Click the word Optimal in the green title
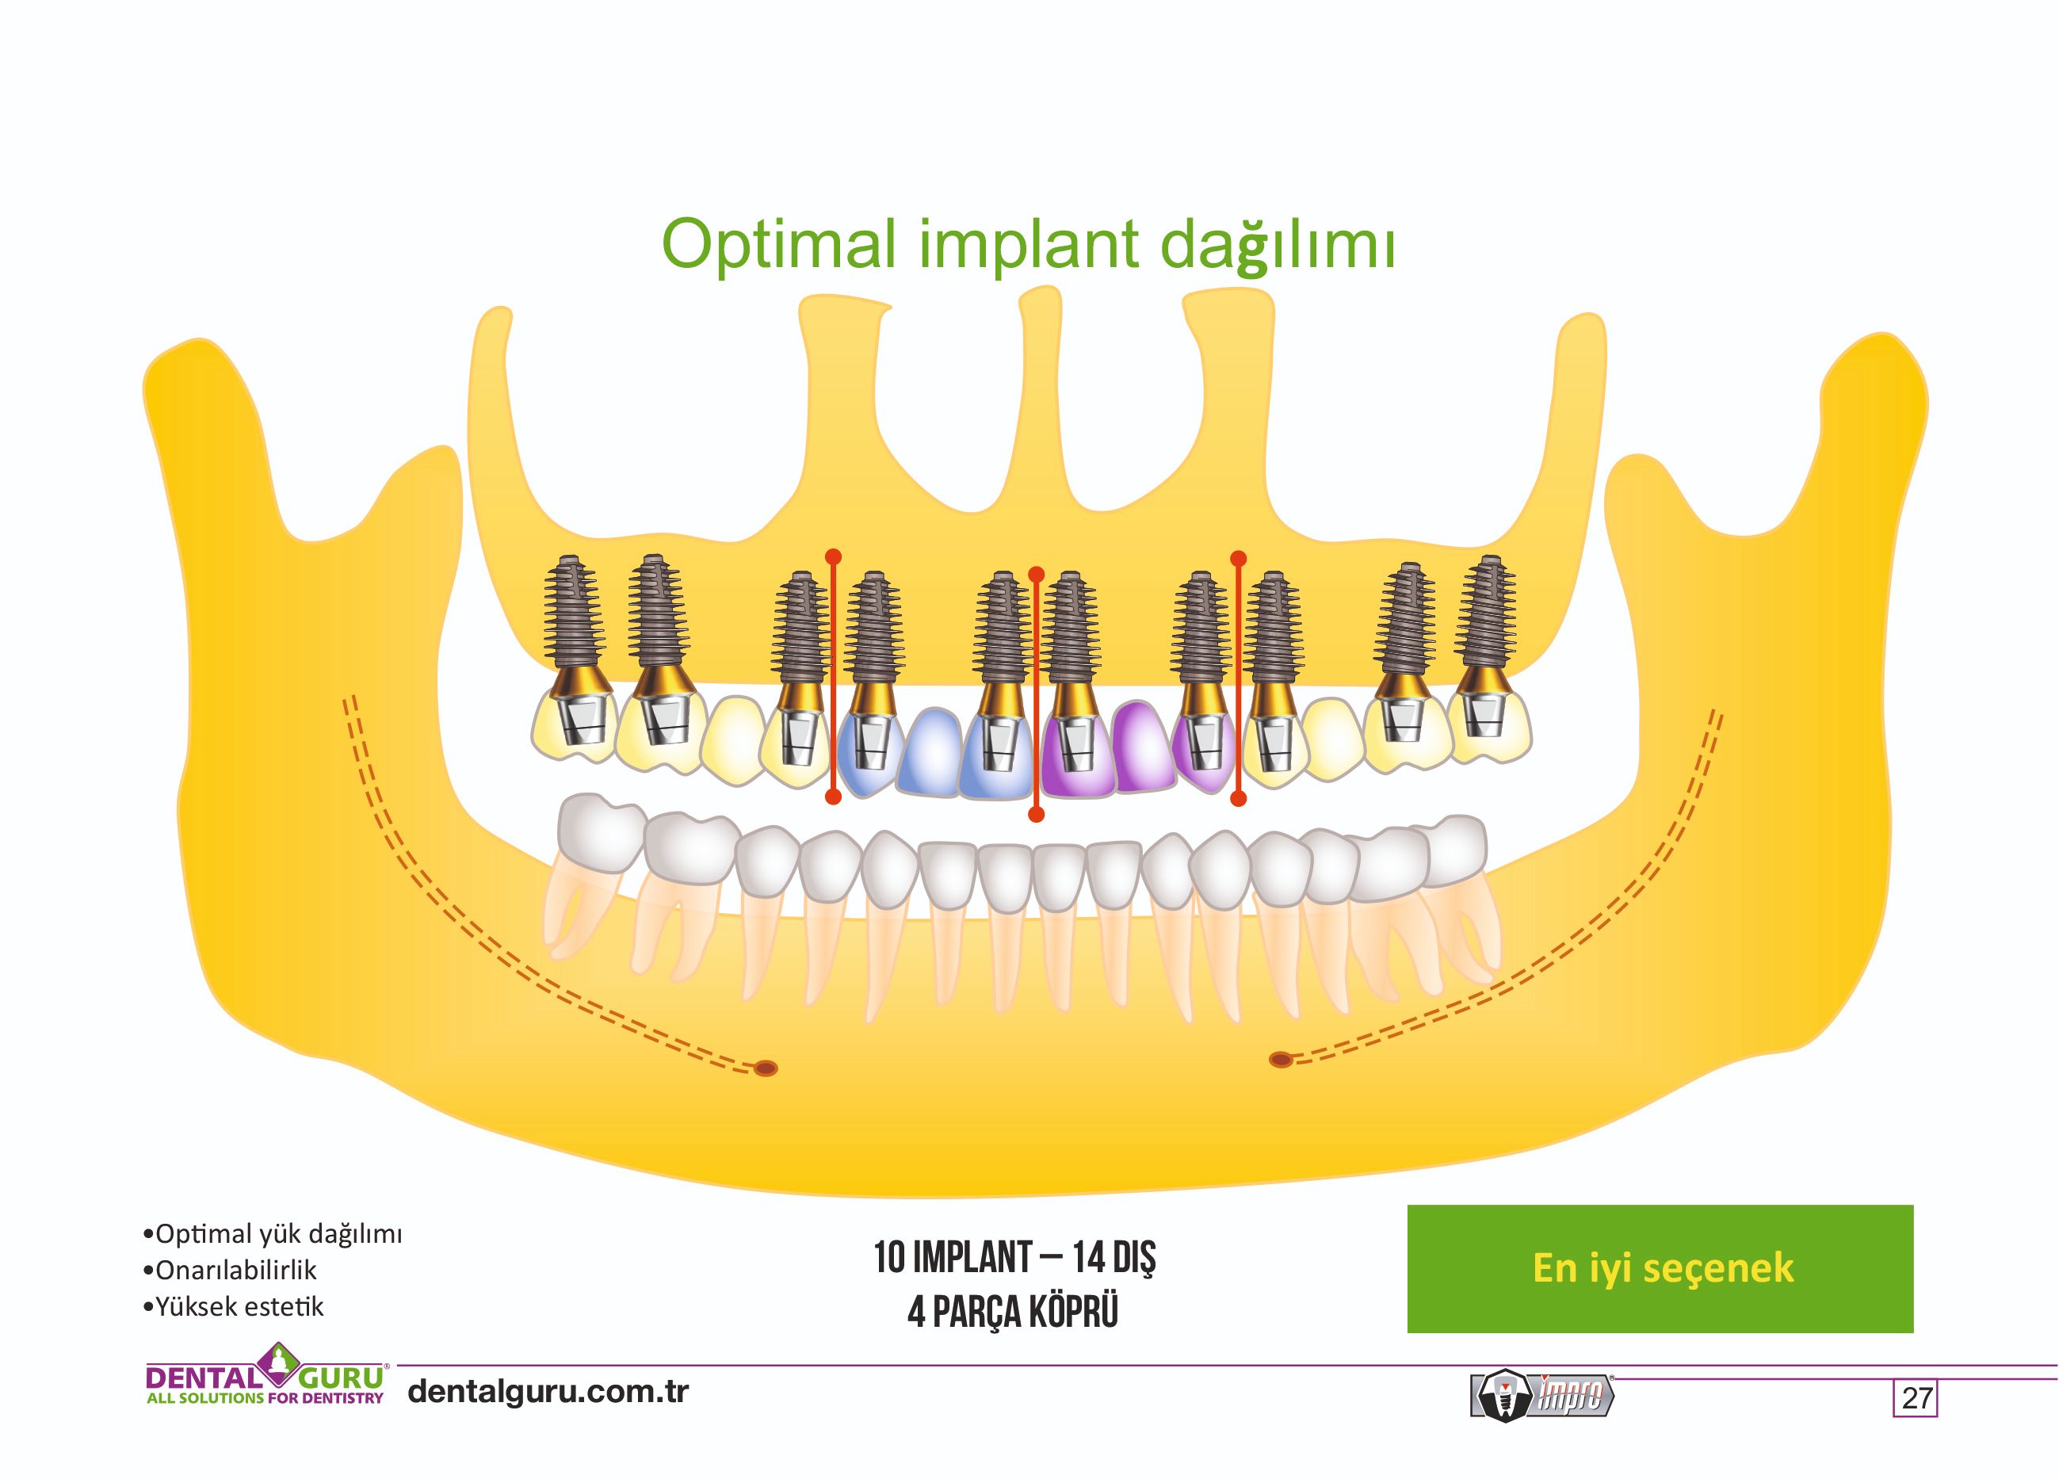(778, 243)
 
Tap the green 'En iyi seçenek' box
(1660, 1267)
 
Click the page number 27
(1916, 1397)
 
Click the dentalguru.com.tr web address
(548, 1391)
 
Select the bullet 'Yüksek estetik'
(239, 1306)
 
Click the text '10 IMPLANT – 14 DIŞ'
(1014, 1258)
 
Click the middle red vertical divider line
(1036, 694)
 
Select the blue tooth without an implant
(929, 754)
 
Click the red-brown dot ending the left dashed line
(766, 1068)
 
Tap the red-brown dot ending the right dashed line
(1280, 1059)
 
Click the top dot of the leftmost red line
(832, 556)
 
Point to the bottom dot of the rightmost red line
(1238, 799)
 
